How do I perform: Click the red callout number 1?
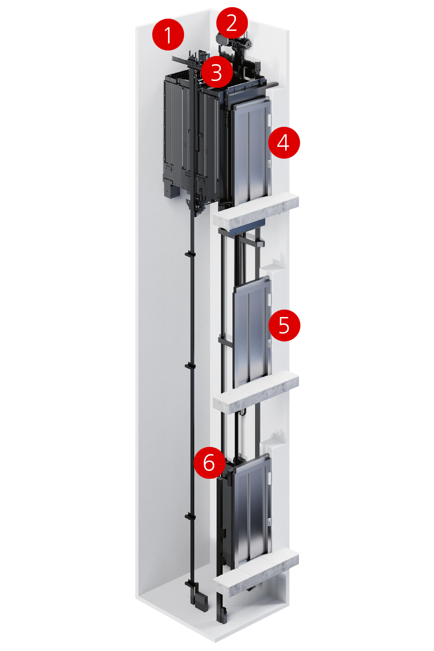168,35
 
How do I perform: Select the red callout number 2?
232,23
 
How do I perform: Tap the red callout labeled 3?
217,72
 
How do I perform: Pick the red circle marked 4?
284,142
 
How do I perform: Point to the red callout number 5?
284,325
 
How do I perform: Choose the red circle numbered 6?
210,462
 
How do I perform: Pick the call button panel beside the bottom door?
270,522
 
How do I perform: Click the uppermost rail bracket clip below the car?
190,254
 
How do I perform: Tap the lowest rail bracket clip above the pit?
190,516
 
